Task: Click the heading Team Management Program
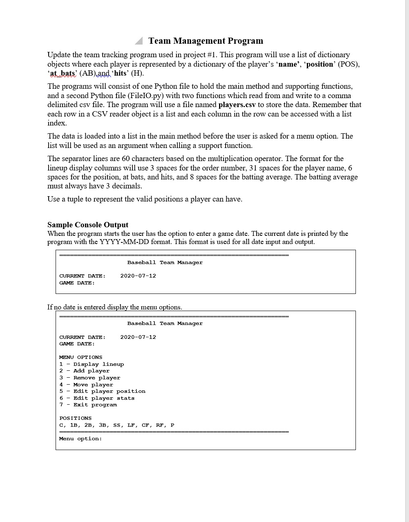pos(206,41)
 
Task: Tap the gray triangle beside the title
pos(139,41)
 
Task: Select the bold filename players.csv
pos(237,105)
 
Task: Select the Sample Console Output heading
pos(88,225)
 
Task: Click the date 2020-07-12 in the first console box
pos(138,276)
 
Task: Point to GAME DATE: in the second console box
pos(77,344)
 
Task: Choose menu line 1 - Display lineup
pos(92,364)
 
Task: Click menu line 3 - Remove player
pos(90,378)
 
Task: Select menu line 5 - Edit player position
pos(102,391)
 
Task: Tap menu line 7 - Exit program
pos(88,405)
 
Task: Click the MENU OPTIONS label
pos(81,357)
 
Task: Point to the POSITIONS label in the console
pos(76,418)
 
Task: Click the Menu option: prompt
pos(80,439)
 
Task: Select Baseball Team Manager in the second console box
pos(165,323)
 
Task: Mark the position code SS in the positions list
pos(116,425)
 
